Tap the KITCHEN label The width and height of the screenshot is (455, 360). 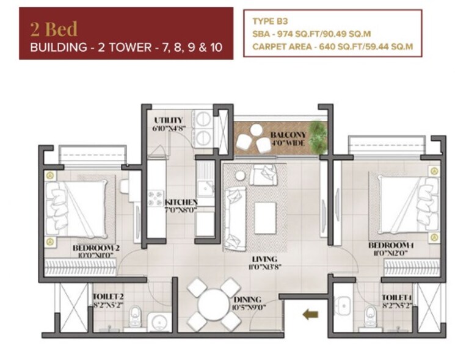180,202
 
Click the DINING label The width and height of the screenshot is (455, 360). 247,300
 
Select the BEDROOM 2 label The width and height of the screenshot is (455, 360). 94,247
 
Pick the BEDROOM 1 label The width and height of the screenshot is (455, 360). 391,245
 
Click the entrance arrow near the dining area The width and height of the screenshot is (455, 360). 311,315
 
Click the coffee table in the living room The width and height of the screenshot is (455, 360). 265,217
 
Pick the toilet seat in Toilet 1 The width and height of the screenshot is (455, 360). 370,316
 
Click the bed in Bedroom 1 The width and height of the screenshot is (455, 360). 403,204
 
